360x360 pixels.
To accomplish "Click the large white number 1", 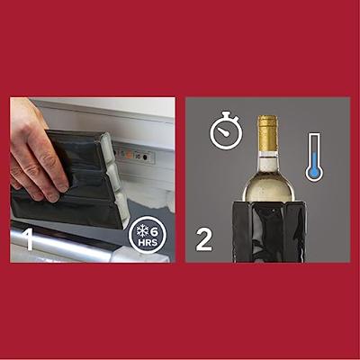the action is pyautogui.click(x=30, y=239).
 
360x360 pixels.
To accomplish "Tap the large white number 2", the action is pyautogui.click(x=204, y=239).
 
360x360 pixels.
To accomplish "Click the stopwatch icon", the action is pyautogui.click(x=226, y=130).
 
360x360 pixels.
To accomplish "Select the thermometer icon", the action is pyautogui.click(x=314, y=157).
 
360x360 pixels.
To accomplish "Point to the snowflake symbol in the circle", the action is pyautogui.click(x=143, y=232).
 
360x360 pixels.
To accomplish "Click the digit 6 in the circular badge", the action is pyautogui.click(x=154, y=232).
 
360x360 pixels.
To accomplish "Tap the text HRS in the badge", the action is pyautogui.click(x=148, y=242).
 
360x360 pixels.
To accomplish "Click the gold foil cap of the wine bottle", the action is pyautogui.click(x=268, y=134).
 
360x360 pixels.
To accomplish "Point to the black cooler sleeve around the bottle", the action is pyautogui.click(x=269, y=231).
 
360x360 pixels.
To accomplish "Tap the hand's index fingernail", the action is pyautogui.click(x=63, y=187).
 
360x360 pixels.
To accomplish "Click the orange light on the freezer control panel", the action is pyautogui.click(x=129, y=155).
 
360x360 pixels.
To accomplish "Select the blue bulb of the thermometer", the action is pyautogui.click(x=314, y=173).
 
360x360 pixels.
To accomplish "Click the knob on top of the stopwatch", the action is pyautogui.click(x=226, y=114).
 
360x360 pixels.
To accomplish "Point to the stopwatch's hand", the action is pyautogui.click(x=222, y=131).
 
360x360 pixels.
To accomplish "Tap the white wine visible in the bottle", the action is pyautogui.click(x=268, y=183).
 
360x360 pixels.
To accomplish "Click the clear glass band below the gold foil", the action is pyautogui.click(x=268, y=154).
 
